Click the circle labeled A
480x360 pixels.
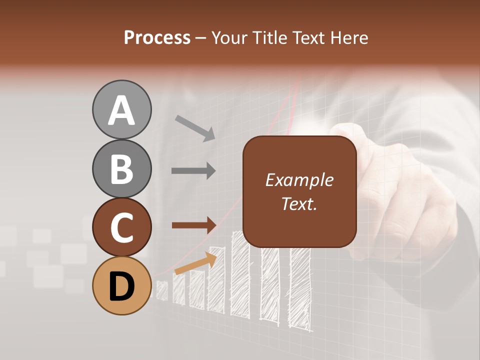121,109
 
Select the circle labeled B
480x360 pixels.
121,168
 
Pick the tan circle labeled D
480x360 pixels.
121,285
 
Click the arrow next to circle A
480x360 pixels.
195,127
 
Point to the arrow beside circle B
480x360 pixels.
193,171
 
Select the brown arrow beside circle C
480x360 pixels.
193,225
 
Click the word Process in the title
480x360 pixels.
157,37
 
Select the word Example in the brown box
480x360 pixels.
299,180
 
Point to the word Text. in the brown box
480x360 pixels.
299,203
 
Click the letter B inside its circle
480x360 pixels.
121,169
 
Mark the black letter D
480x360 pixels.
121,286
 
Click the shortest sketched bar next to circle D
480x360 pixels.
162,290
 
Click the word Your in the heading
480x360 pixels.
228,37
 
